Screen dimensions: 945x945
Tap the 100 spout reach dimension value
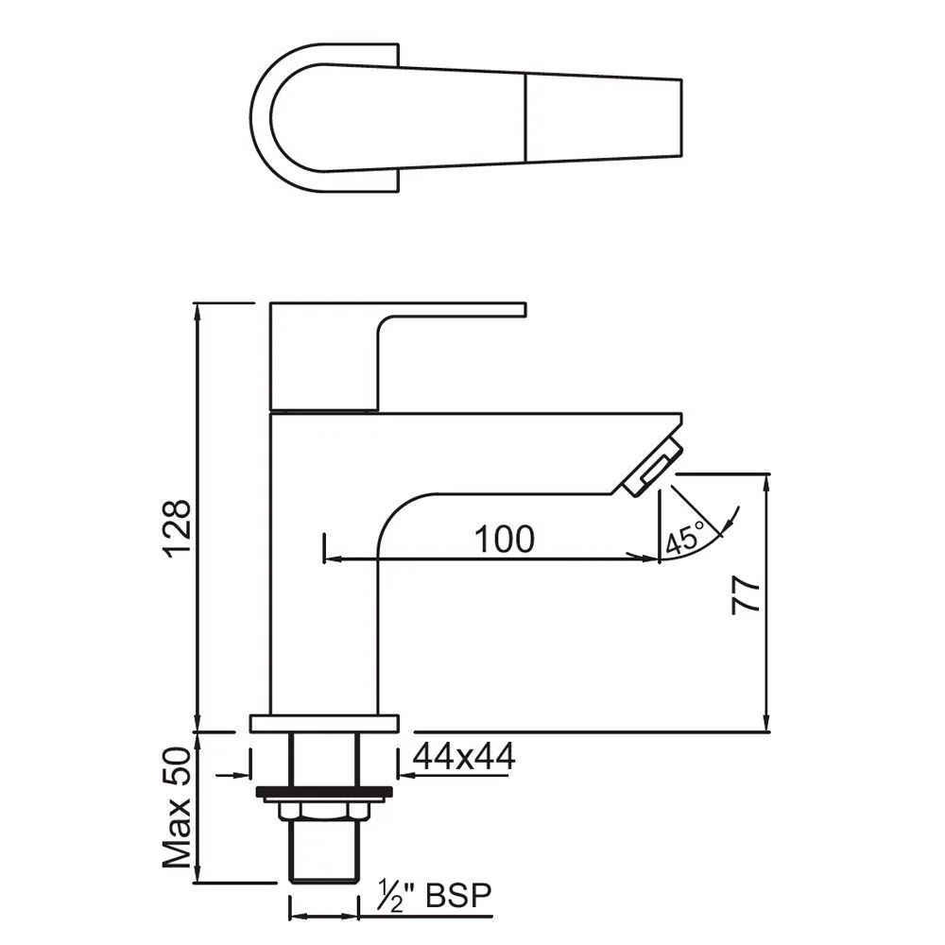coord(504,539)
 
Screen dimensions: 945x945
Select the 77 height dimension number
coord(746,597)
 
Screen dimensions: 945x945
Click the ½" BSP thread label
coord(436,896)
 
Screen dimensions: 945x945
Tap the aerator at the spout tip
coord(650,466)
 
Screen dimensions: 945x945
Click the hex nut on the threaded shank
coord(323,811)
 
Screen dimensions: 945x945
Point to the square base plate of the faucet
coord(323,724)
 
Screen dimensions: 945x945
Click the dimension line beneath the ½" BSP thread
coord(323,916)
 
